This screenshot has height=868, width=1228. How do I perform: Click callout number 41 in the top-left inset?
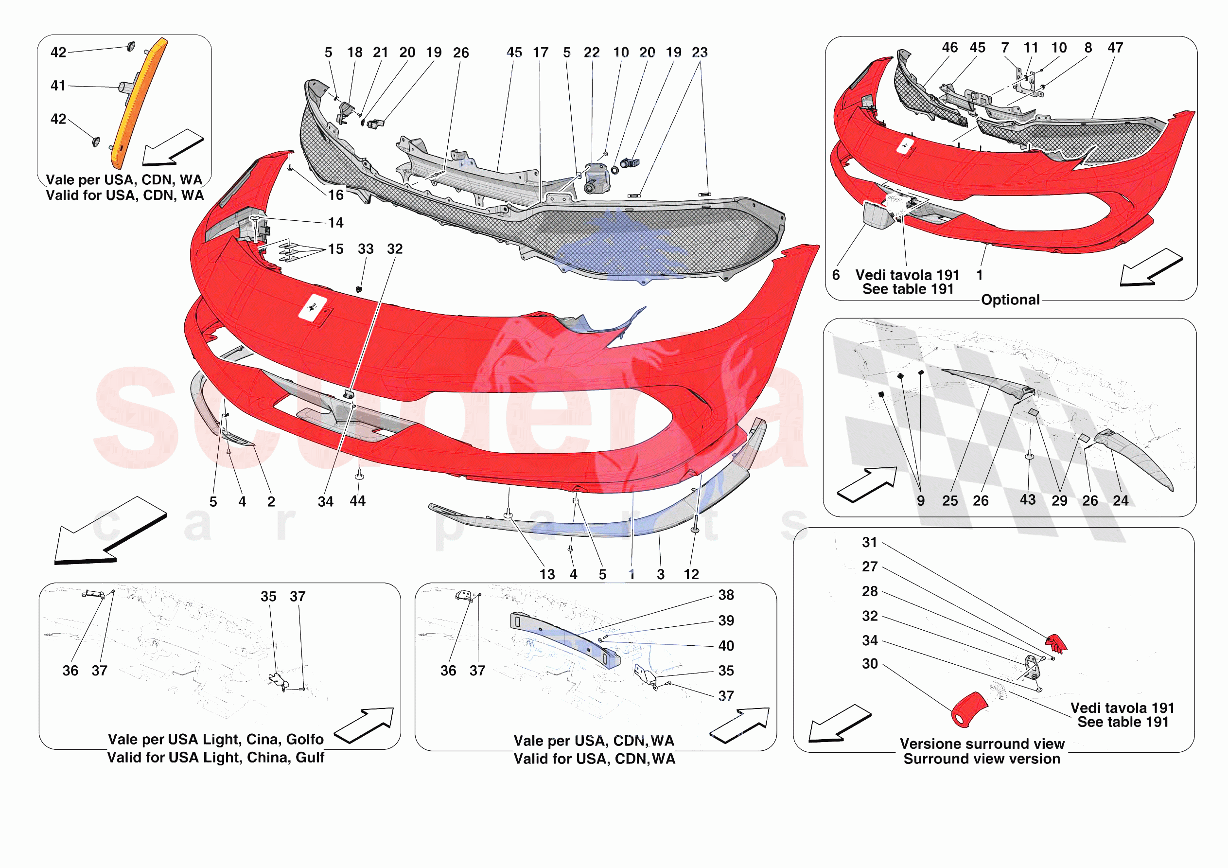click(x=58, y=86)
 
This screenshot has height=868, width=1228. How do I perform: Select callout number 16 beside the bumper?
click(x=336, y=195)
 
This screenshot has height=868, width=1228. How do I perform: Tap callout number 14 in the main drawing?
click(x=336, y=223)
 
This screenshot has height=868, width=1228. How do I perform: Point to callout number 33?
click(x=366, y=249)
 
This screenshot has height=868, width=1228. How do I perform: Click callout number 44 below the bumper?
click(x=358, y=501)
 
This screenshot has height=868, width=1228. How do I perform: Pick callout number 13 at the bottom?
click(x=547, y=574)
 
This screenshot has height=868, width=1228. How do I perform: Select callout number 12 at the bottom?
click(x=691, y=574)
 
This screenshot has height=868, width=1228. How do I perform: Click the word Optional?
click(x=1010, y=300)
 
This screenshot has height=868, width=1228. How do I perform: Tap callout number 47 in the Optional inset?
click(x=1115, y=48)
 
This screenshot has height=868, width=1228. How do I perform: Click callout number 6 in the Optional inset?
click(x=836, y=275)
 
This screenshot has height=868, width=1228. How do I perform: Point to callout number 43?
click(x=1027, y=500)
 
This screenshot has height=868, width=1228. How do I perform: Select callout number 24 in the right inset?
click(x=1121, y=500)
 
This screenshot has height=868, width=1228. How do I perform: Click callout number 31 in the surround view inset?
click(x=870, y=542)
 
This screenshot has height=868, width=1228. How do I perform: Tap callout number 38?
click(x=726, y=595)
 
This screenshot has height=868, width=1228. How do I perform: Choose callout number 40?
click(x=726, y=646)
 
